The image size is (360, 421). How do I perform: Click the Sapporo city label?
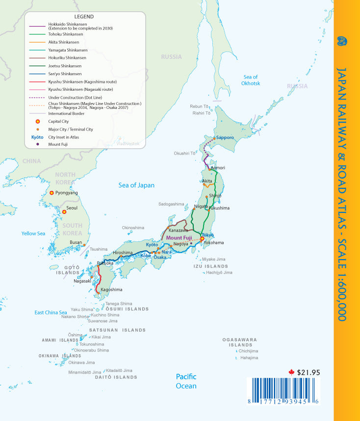click(x=225, y=138)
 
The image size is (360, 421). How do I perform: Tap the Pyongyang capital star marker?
click(x=51, y=193)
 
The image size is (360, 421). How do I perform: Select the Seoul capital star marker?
click(x=64, y=212)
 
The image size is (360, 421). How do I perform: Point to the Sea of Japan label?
click(x=136, y=185)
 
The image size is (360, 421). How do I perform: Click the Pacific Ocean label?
click(x=186, y=381)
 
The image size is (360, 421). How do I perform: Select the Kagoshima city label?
click(x=111, y=290)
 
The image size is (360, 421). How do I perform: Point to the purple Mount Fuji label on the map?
click(x=181, y=238)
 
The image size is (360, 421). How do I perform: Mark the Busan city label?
click(x=76, y=242)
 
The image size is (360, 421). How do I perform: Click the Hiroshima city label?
click(x=123, y=253)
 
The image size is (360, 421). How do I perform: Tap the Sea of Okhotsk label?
click(x=251, y=80)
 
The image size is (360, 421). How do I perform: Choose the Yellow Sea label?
click(x=33, y=234)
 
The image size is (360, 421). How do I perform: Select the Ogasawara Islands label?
click(x=240, y=342)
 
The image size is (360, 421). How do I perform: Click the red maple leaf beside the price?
click(x=291, y=372)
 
